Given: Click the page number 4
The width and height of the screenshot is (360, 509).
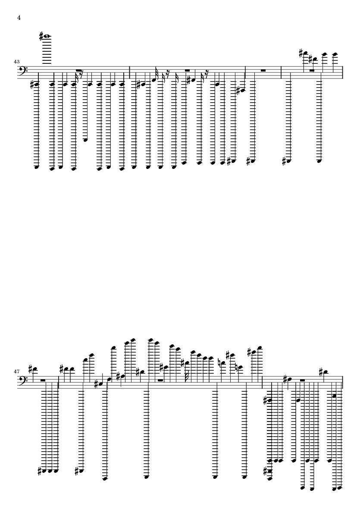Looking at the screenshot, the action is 19,18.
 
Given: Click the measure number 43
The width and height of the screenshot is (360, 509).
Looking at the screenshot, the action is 16,61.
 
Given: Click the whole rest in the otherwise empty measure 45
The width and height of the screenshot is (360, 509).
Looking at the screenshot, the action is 263,70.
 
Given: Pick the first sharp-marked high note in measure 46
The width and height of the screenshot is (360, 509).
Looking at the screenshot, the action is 305,53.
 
